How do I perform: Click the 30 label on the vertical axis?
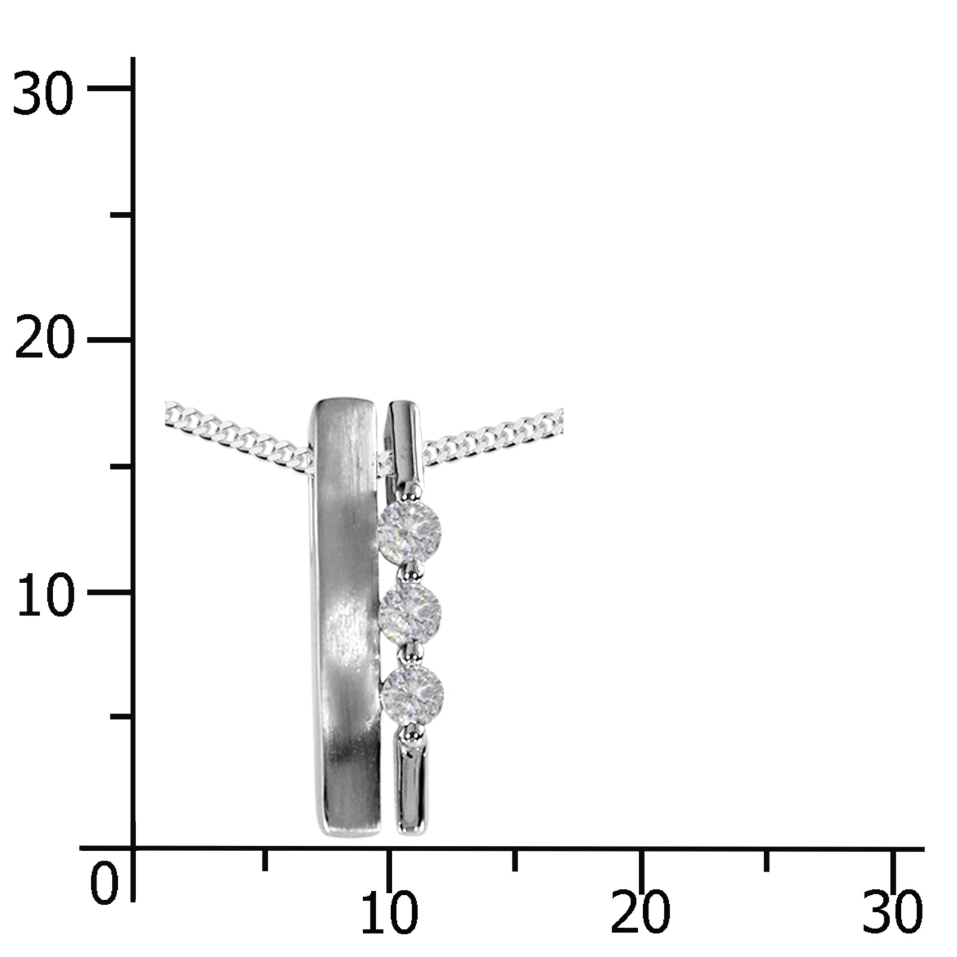(42, 93)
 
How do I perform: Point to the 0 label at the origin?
(103, 883)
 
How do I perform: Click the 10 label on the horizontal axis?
(389, 913)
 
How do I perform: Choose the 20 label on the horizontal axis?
(640, 913)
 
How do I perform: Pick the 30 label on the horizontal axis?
(892, 913)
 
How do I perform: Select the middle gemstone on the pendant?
(410, 612)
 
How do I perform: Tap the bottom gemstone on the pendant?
(412, 695)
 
